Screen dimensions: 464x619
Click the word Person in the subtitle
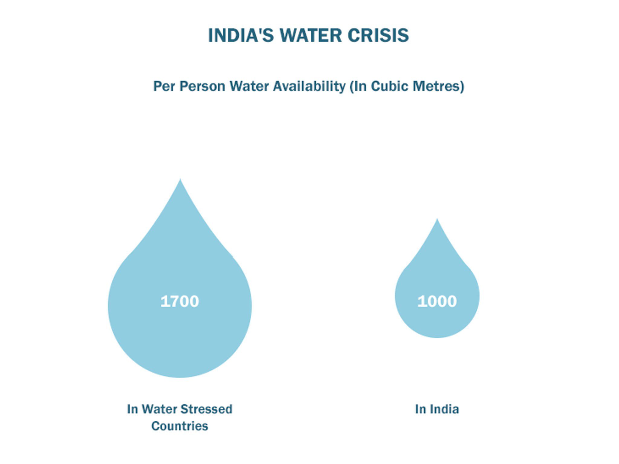(x=202, y=86)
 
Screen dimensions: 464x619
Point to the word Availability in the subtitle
(x=309, y=86)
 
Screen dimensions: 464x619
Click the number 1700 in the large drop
(x=180, y=301)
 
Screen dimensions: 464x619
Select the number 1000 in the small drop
(x=437, y=301)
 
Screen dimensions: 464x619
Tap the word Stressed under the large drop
(x=207, y=409)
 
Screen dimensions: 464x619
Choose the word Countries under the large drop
(x=180, y=426)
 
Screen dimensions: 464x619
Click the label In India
(x=437, y=409)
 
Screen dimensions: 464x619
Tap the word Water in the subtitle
(x=249, y=86)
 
